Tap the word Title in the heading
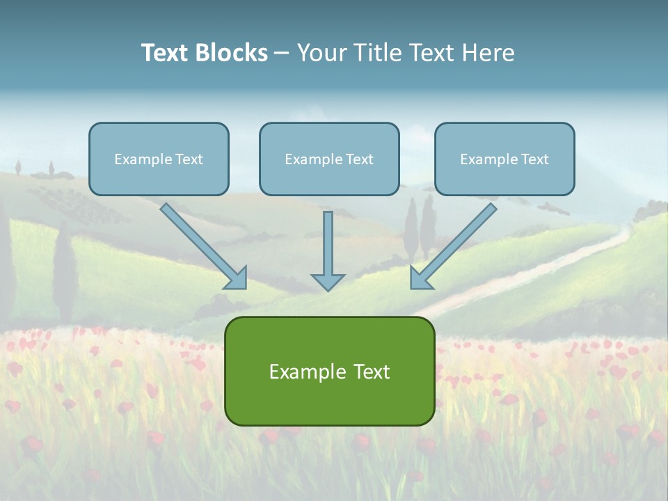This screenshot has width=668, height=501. (380, 53)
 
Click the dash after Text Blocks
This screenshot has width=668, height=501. (282, 54)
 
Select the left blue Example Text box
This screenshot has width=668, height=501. (159, 159)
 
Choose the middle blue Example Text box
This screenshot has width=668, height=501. (329, 159)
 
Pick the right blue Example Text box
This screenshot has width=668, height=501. (504, 159)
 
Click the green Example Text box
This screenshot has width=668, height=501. (329, 371)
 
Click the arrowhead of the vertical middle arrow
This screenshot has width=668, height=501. (328, 281)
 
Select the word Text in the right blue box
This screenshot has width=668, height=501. (534, 159)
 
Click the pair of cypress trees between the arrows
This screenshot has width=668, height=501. (419, 226)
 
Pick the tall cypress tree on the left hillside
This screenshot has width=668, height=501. (64, 268)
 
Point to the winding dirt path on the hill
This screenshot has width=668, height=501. (529, 271)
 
